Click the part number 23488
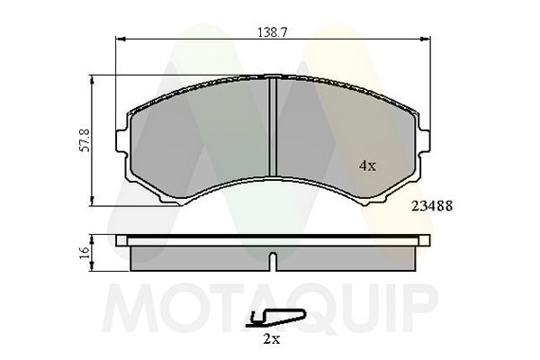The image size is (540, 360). pos(430,204)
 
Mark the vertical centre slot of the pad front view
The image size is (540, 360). pos(272,126)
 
